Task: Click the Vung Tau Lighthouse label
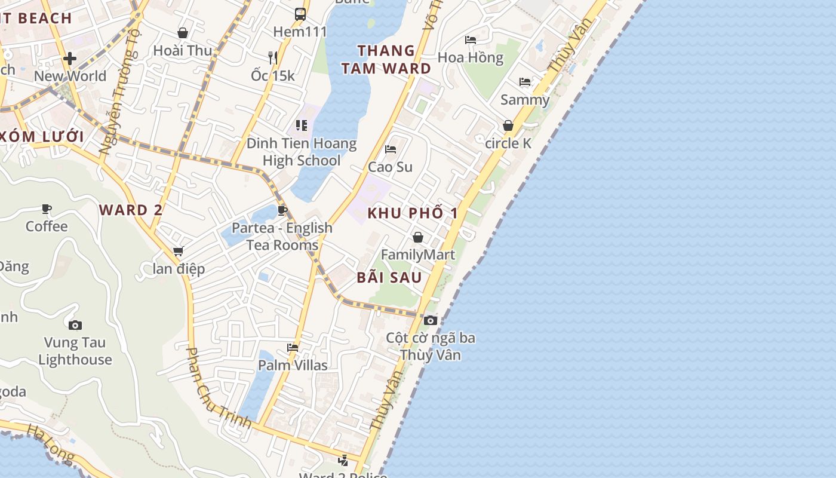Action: pyautogui.click(x=75, y=351)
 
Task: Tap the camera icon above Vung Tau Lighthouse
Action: pyautogui.click(x=75, y=325)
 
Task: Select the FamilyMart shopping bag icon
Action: pyautogui.click(x=418, y=237)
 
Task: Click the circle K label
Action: pyautogui.click(x=508, y=143)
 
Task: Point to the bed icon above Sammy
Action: pyautogui.click(x=525, y=82)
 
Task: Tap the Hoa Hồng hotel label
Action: pyautogui.click(x=471, y=57)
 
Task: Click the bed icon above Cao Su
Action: pyautogui.click(x=391, y=149)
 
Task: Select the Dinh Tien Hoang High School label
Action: pyautogui.click(x=302, y=152)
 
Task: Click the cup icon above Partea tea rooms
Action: pyautogui.click(x=282, y=210)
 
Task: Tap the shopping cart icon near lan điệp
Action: pyautogui.click(x=178, y=252)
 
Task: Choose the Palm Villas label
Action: pyautogui.click(x=293, y=365)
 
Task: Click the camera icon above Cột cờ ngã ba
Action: pyautogui.click(x=431, y=320)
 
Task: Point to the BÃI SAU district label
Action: pyautogui.click(x=389, y=277)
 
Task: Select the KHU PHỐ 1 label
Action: pyautogui.click(x=413, y=213)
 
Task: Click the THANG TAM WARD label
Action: pyautogui.click(x=386, y=59)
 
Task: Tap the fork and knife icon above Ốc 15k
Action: pyautogui.click(x=273, y=57)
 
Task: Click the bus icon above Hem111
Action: pyautogui.click(x=300, y=14)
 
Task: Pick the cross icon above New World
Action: pyautogui.click(x=70, y=59)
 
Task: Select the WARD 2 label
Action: pyautogui.click(x=131, y=210)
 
